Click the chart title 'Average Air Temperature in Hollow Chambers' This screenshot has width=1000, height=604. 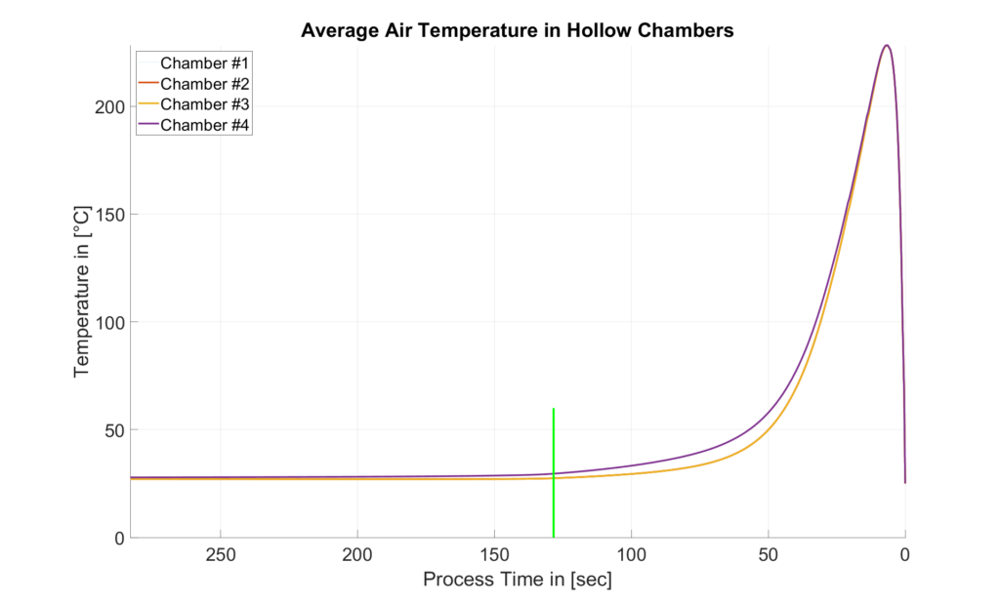517,30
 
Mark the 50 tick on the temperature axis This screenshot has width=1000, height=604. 109,430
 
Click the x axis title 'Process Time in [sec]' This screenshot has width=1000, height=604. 517,580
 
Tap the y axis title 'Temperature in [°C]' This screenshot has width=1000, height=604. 82,291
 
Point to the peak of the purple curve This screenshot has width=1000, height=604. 886,45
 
